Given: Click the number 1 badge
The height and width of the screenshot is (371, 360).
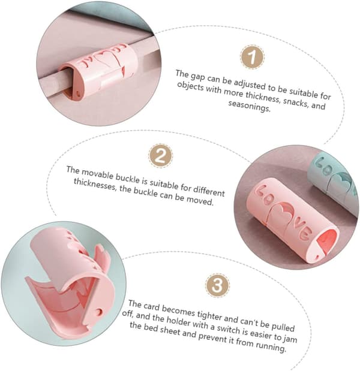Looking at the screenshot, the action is click(252, 57).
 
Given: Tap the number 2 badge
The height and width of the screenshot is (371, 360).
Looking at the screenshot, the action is click(161, 156).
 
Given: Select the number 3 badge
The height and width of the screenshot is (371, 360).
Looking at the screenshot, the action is click(217, 285).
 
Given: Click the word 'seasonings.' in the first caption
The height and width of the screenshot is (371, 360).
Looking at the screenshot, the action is click(249, 106).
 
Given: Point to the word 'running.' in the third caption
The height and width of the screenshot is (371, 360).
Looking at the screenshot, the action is click(271, 346).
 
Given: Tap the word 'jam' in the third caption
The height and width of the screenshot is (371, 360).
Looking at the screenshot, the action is click(290, 339).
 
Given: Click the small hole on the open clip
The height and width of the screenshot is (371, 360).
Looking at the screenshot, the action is click(100, 312).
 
